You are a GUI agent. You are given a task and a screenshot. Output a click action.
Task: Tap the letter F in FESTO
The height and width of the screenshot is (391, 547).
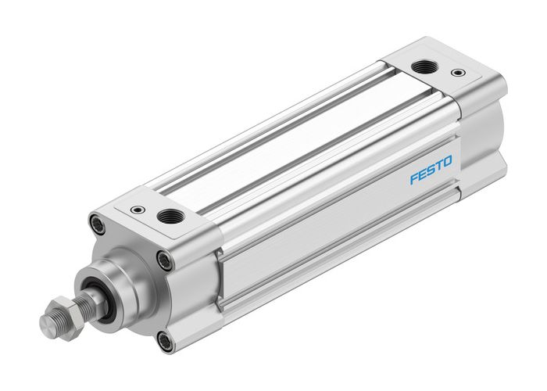414,179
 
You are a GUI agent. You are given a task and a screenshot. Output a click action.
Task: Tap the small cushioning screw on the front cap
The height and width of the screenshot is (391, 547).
138,209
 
